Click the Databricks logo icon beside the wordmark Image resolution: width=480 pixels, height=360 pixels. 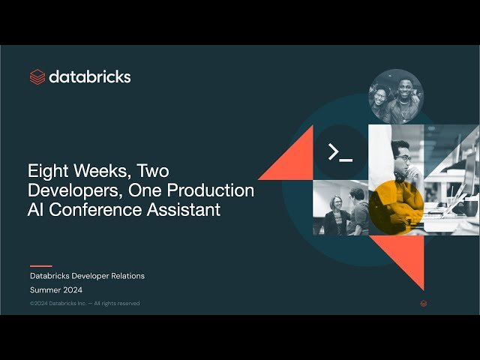37,76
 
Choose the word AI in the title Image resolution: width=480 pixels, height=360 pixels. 37,210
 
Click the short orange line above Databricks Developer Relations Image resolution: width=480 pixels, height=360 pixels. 40,265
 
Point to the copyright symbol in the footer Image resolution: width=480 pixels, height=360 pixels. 32,304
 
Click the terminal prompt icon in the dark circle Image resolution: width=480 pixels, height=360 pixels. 340,152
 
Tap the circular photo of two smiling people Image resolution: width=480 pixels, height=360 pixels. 396,97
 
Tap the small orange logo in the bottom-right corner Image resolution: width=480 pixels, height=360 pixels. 424,304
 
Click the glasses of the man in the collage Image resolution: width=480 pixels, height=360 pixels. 403,158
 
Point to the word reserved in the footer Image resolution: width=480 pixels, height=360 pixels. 127,304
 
